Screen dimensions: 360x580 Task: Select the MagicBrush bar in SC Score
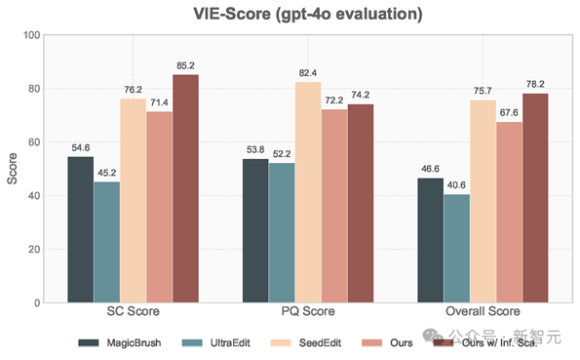[81, 229]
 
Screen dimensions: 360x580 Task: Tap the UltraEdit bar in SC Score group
[107, 242]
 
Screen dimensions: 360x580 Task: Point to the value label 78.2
[535, 84]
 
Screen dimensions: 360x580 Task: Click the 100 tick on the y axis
[30, 35]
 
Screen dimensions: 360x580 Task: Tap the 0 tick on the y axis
[36, 302]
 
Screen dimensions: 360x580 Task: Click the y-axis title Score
[12, 169]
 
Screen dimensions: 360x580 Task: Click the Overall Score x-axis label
[483, 312]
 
